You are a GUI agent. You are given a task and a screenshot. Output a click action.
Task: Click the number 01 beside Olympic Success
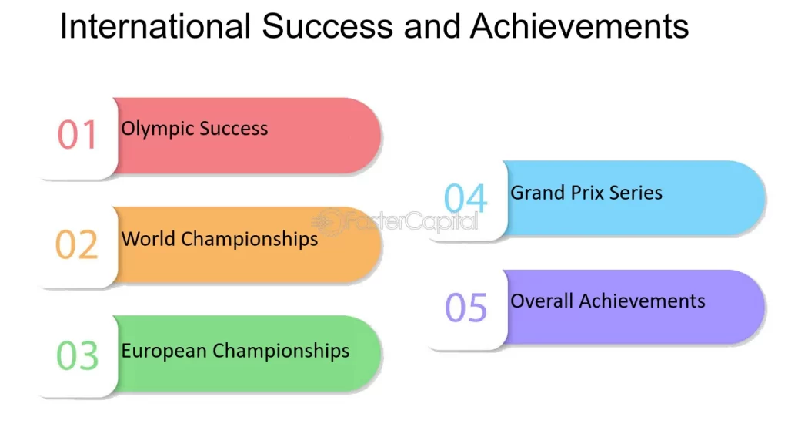click(78, 135)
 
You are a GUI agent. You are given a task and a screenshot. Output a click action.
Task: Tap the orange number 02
click(77, 245)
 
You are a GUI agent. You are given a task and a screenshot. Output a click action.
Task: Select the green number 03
click(78, 355)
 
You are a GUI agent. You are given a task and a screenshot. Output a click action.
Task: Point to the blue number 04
click(466, 199)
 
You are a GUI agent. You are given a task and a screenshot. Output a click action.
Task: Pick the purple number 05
click(466, 308)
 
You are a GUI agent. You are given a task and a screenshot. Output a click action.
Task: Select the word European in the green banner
click(164, 351)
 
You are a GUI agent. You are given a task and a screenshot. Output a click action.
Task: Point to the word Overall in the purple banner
click(542, 301)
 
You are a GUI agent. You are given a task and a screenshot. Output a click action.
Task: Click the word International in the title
click(155, 27)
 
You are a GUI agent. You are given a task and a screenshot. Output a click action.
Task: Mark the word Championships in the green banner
click(281, 351)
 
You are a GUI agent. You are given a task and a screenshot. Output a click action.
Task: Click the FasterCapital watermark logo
click(400, 221)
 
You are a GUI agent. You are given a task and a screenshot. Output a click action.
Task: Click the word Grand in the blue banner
click(536, 192)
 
